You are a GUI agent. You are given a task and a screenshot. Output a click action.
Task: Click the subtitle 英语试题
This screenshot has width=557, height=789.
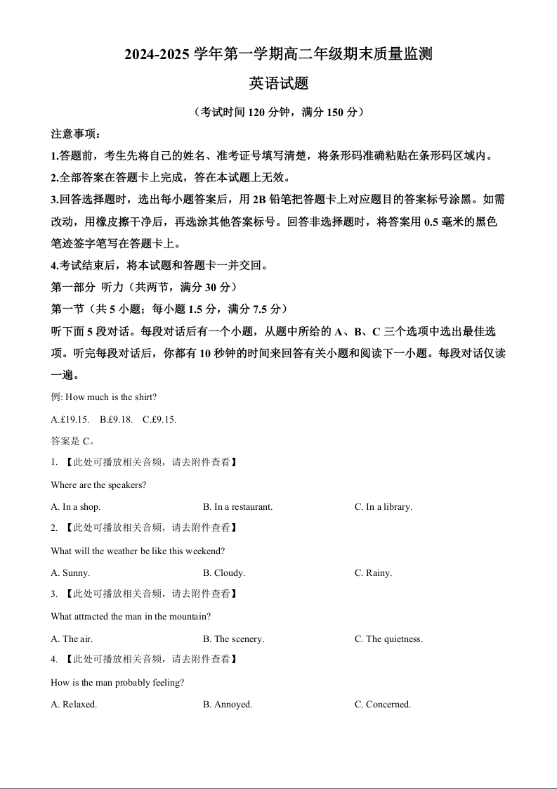click(279, 84)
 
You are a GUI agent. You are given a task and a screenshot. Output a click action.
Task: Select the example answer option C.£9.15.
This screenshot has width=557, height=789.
click(159, 420)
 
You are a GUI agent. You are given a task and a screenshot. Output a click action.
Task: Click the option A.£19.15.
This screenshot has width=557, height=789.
click(70, 420)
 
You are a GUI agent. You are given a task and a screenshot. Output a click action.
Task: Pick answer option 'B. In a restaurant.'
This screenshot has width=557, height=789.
click(237, 507)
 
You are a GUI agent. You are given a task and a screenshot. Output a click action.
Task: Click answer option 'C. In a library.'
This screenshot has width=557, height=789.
click(383, 507)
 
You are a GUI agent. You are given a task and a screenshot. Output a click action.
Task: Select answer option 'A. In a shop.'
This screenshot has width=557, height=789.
click(76, 507)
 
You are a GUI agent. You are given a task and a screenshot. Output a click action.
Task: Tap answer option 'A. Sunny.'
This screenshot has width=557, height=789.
click(70, 573)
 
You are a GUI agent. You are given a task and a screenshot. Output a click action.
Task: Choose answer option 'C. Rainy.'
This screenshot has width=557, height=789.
click(373, 573)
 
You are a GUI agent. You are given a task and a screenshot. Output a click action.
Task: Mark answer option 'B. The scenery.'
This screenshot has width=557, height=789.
click(233, 639)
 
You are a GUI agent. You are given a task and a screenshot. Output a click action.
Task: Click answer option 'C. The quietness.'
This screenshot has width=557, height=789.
click(388, 639)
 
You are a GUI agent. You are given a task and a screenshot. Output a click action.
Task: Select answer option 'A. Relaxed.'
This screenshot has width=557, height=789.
click(74, 705)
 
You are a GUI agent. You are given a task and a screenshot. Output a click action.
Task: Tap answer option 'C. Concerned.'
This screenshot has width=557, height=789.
click(383, 705)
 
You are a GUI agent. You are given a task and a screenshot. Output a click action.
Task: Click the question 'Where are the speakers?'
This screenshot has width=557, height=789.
click(98, 485)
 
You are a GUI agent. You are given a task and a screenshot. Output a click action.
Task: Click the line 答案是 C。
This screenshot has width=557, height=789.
click(72, 442)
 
